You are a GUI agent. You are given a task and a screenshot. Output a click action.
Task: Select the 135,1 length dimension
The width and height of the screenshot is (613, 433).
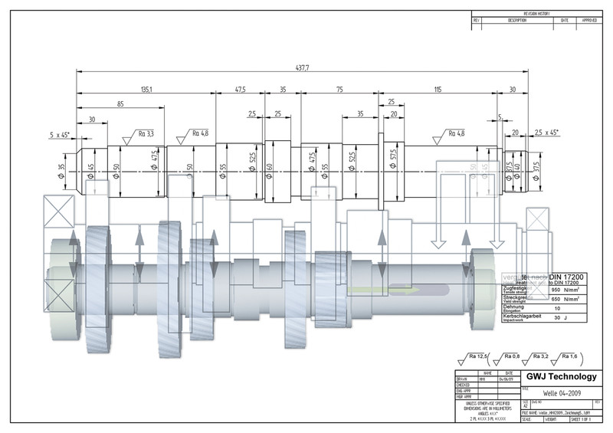pyautogui.click(x=146, y=90)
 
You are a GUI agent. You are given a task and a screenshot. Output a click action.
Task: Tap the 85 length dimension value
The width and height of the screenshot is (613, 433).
pyautogui.click(x=121, y=103)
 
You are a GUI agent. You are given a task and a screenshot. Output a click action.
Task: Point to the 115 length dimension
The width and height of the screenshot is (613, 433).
pyautogui.click(x=438, y=90)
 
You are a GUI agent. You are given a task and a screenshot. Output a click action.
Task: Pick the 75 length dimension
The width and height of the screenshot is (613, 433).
pyautogui.click(x=339, y=90)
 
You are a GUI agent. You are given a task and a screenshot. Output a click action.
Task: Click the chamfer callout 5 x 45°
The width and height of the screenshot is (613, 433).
pyautogui.click(x=59, y=134)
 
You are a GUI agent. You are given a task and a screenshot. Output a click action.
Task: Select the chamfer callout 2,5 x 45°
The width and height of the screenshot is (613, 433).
pyautogui.click(x=546, y=133)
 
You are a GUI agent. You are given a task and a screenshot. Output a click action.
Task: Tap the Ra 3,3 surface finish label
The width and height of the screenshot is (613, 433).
pyautogui.click(x=146, y=133)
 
